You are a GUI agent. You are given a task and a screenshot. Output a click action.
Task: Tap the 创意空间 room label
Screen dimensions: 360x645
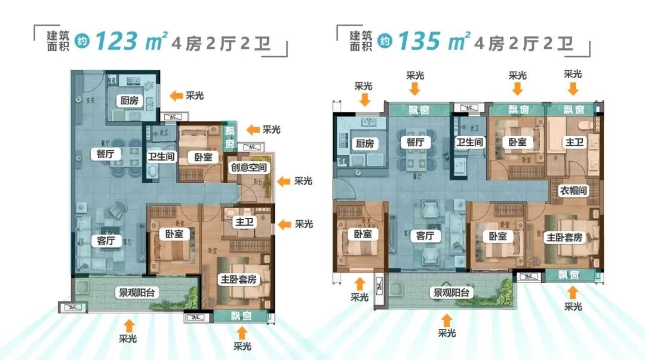coord(248,168)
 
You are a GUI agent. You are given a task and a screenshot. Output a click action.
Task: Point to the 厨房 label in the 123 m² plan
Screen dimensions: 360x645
coord(129,100)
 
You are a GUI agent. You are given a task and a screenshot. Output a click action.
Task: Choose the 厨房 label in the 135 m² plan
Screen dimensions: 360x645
coord(364,143)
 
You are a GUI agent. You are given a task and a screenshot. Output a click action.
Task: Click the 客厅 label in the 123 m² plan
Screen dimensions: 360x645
coord(105,241)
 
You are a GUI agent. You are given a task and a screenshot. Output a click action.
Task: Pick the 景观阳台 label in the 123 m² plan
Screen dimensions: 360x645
coord(135,293)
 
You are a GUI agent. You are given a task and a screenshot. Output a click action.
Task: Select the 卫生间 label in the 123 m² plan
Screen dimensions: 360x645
coord(161,158)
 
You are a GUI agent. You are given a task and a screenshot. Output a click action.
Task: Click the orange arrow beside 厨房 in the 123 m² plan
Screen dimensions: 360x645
coord(176,96)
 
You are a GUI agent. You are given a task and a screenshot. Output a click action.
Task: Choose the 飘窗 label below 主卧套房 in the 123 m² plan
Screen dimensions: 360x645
coord(239,315)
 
